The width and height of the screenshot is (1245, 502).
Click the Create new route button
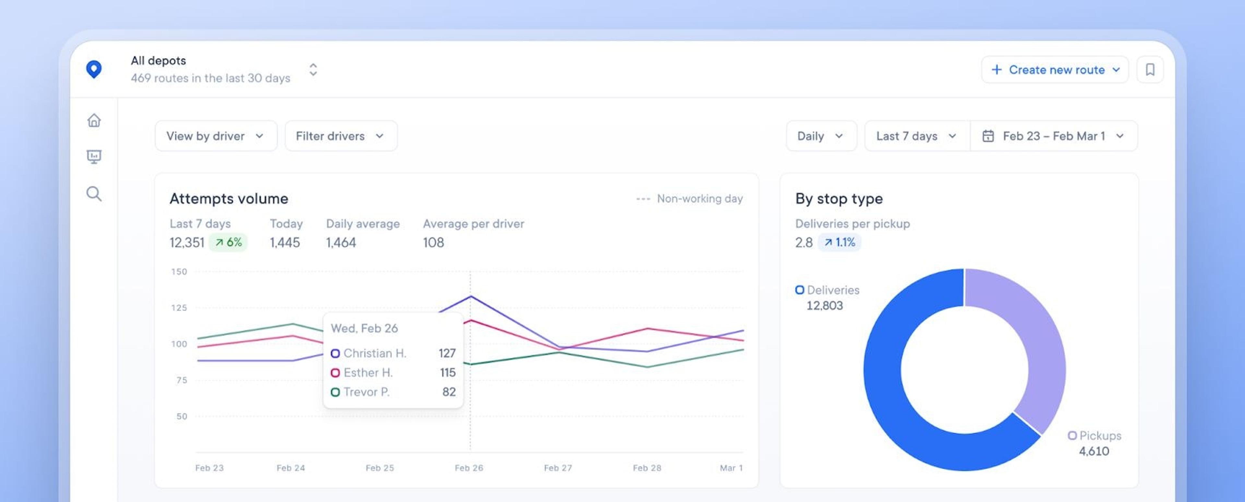point(1055,70)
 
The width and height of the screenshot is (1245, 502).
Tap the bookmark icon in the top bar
point(1150,70)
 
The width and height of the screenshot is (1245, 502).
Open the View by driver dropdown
point(216,136)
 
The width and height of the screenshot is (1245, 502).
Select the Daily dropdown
point(821,136)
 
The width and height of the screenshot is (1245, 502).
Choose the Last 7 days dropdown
point(916,136)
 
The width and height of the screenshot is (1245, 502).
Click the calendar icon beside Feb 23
point(988,136)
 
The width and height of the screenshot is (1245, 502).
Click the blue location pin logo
point(94,69)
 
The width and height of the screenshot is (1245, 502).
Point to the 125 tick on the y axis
point(179,307)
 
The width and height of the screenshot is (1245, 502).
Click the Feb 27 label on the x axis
point(558,468)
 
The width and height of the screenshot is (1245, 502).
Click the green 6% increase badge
point(228,242)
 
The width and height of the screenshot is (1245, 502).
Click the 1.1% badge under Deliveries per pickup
point(839,242)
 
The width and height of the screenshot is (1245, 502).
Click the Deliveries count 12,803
point(824,306)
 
